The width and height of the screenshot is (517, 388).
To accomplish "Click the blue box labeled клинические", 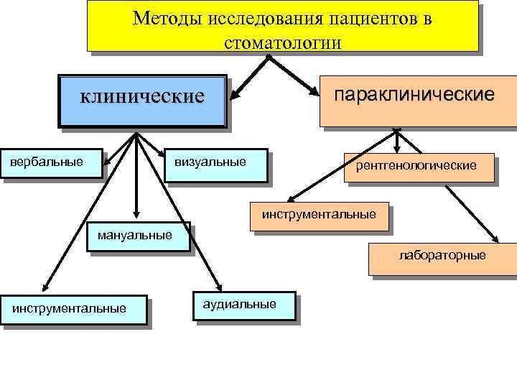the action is pyautogui.click(x=142, y=101).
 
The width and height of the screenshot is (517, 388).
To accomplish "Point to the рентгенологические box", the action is pyautogui.click(x=420, y=167).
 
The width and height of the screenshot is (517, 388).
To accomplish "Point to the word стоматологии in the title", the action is pyautogui.click(x=282, y=42).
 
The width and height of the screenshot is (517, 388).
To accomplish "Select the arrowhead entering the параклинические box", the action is pyautogui.click(x=316, y=92).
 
